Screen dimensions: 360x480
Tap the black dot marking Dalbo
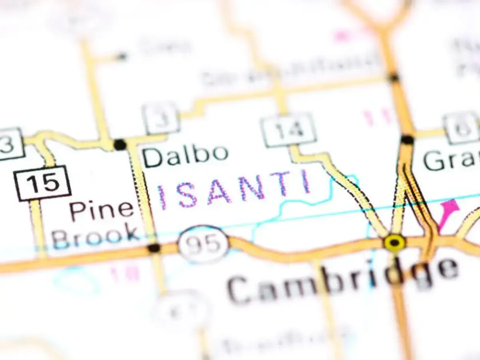point(120,144)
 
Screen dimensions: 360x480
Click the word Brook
point(96,235)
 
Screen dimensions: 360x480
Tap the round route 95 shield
point(203,244)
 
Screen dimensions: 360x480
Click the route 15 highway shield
point(42,183)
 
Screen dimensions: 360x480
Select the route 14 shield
point(288,130)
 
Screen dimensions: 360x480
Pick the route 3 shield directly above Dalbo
point(161,118)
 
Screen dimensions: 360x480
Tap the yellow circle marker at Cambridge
point(394,242)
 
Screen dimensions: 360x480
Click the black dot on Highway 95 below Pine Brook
point(154,248)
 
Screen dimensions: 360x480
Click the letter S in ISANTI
point(187,195)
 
